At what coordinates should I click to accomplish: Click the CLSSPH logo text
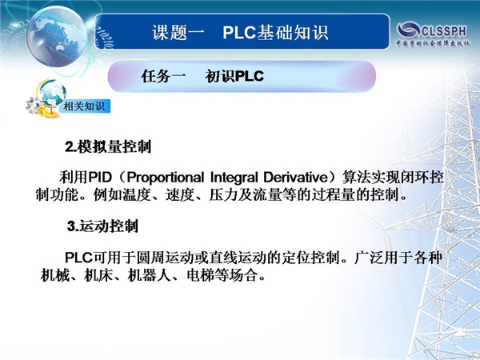pos(444,31)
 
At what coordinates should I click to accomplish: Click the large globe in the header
pos(56,36)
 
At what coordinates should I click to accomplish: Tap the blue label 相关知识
pos(84,106)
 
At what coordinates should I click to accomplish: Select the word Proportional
pos(166,178)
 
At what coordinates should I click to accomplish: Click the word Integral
pos(234,178)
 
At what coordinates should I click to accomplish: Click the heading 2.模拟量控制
pos(108,146)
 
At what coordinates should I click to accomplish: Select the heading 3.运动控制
pos(102,226)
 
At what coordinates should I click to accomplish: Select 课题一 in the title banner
pos(178,32)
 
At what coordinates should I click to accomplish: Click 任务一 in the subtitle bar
pos(163,76)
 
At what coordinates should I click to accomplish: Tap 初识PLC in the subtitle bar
pos(234,76)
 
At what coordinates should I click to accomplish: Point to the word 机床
pos(98,275)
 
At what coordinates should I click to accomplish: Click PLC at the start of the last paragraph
pos(78,258)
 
